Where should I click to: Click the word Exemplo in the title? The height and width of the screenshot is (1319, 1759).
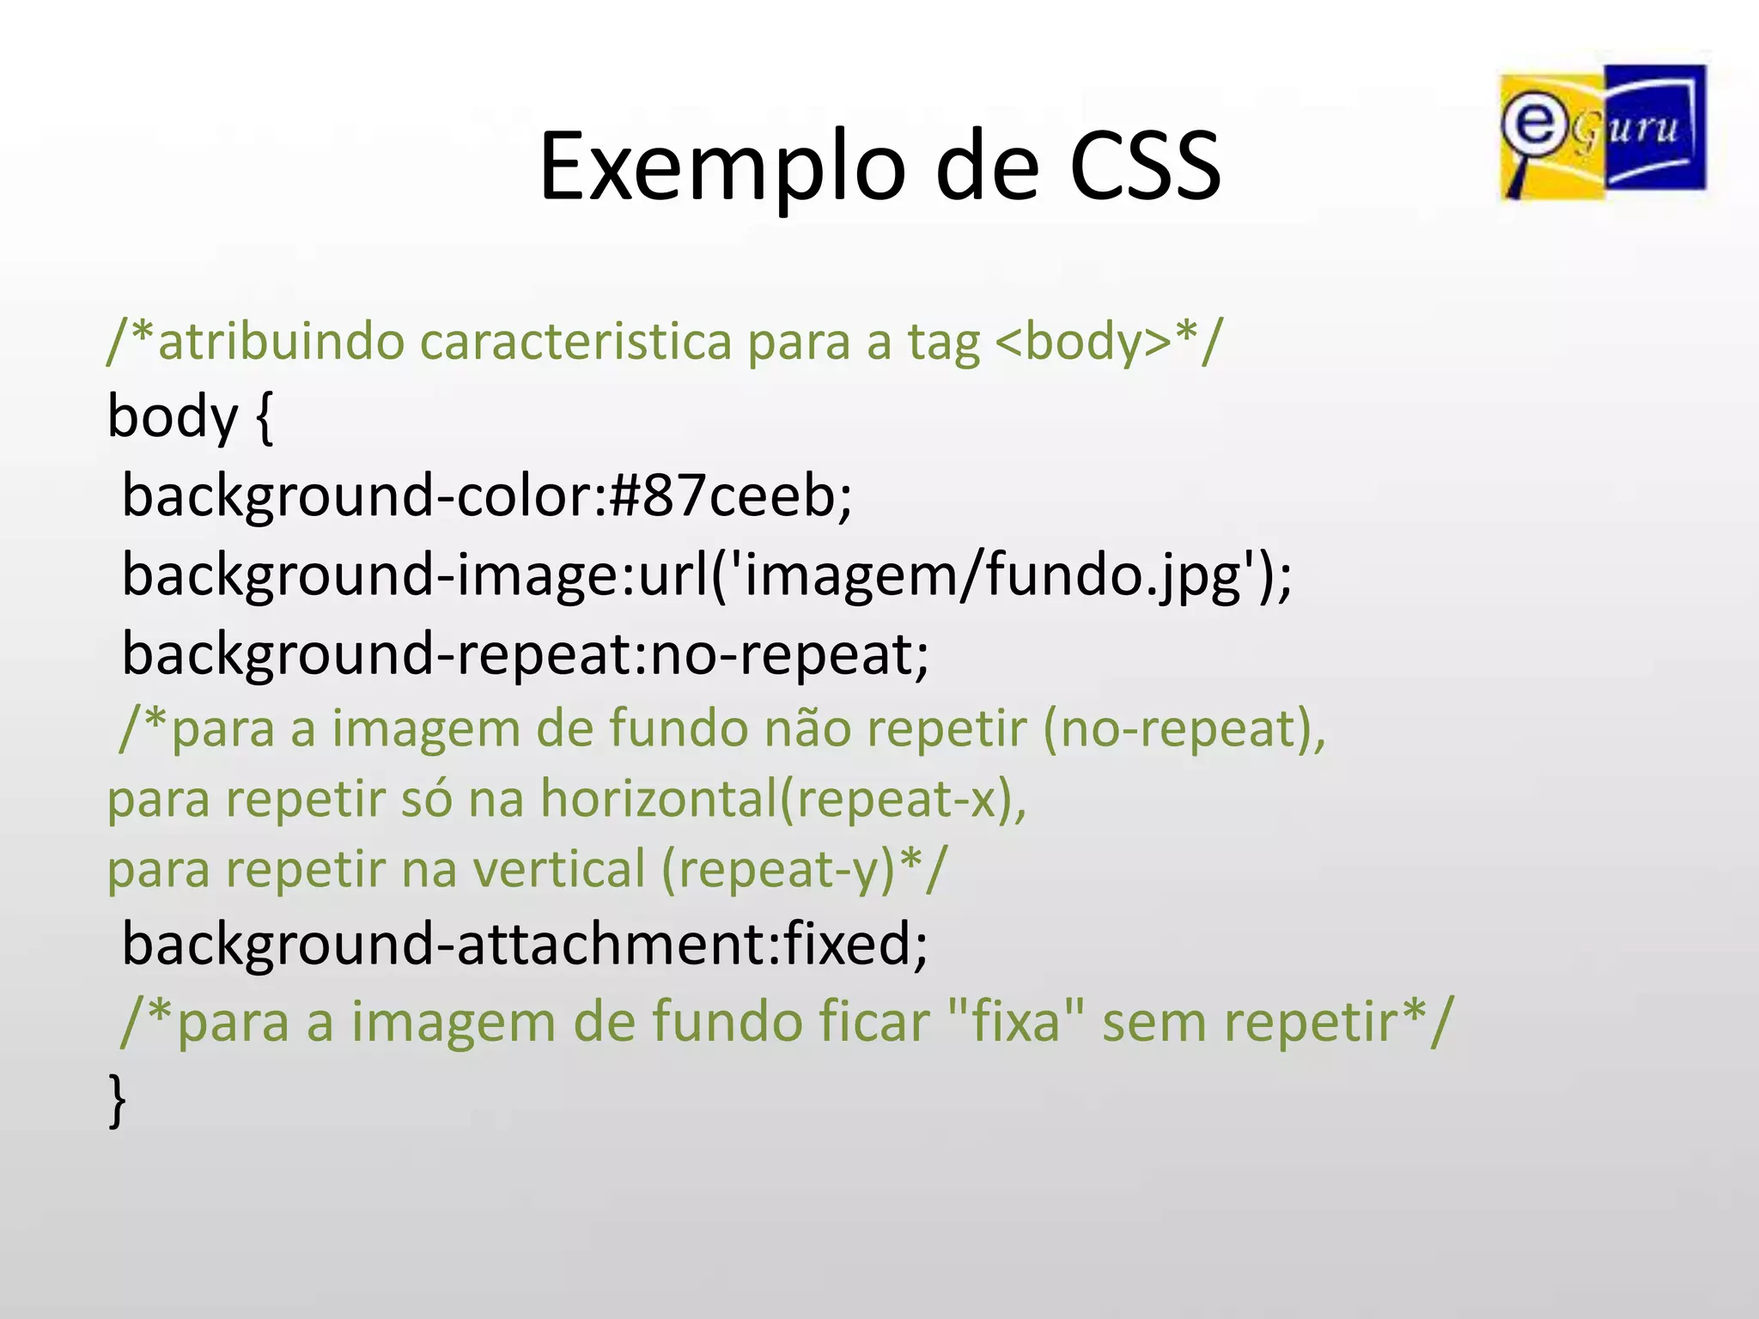point(721,167)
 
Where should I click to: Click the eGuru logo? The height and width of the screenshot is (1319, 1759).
point(1603,132)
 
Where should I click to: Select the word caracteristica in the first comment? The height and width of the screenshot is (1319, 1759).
point(575,341)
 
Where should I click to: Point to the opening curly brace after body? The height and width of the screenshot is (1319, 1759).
point(265,417)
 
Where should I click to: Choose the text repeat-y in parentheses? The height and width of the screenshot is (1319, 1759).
point(778,869)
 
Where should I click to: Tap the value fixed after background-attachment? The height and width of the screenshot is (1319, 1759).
point(847,944)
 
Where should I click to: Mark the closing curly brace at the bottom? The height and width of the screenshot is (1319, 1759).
point(118,1100)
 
